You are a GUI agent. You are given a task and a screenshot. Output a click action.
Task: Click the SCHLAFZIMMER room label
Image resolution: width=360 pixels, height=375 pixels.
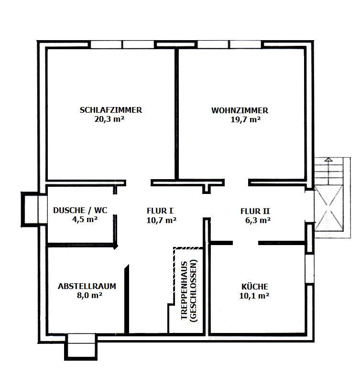pos(111,110)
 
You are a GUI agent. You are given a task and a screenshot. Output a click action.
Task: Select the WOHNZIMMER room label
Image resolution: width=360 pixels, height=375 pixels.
pos(240,110)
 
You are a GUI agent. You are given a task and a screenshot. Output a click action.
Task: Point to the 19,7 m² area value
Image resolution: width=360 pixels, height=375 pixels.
pos(245,120)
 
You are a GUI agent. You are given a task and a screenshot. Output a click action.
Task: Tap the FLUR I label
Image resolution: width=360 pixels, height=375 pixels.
pos(160,210)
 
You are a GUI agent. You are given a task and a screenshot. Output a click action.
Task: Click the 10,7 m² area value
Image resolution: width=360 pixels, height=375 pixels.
pos(161,220)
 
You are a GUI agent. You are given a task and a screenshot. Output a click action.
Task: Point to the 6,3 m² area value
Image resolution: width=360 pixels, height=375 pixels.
pos(257,220)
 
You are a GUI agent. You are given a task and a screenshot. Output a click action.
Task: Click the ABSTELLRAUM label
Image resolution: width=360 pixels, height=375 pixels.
pos(87,287)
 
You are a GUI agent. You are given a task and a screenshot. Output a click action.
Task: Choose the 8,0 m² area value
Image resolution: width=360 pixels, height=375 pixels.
pos(87,296)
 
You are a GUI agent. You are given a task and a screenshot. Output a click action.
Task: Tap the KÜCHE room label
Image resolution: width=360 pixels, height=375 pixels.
pos(255,287)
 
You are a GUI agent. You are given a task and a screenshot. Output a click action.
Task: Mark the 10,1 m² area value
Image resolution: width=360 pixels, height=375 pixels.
pos(254,296)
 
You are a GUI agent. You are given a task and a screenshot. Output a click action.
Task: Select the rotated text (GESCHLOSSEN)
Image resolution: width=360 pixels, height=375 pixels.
pos(193,292)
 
